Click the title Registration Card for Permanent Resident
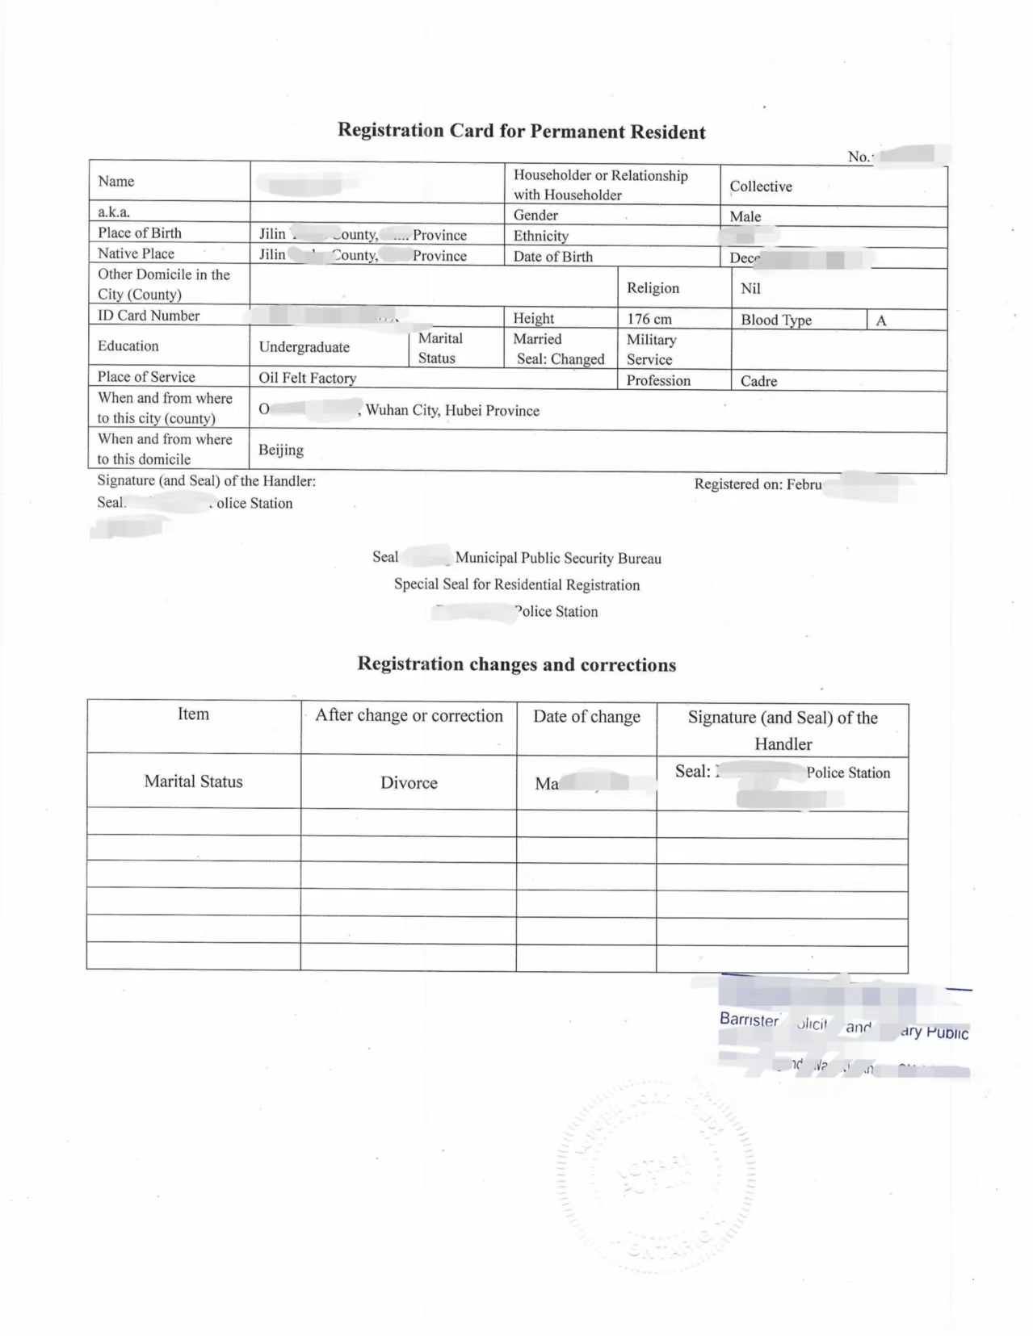[x=521, y=131]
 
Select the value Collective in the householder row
[x=761, y=186]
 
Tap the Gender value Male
[x=745, y=216]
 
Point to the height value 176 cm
[x=649, y=319]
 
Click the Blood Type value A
[x=881, y=320]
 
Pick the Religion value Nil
[x=750, y=288]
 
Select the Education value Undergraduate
[x=304, y=347]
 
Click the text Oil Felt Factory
[x=307, y=378]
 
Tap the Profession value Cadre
[x=758, y=381]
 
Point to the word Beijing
[x=281, y=450]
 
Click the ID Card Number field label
[x=149, y=316]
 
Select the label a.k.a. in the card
[x=114, y=212]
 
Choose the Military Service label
[x=651, y=350]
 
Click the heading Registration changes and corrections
[x=516, y=664]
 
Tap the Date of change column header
[x=586, y=717]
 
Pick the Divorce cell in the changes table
[x=409, y=783]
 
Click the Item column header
[x=193, y=714]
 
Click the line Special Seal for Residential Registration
[x=516, y=584]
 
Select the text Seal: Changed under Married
[x=561, y=359]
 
